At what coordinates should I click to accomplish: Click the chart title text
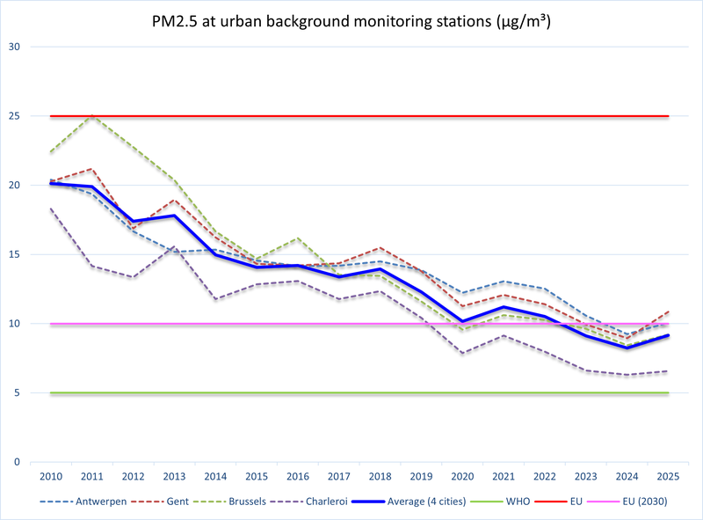click(x=351, y=19)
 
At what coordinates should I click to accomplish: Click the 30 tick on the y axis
click(x=12, y=47)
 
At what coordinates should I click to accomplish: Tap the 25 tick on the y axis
click(x=12, y=116)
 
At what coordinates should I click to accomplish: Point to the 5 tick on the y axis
click(x=15, y=393)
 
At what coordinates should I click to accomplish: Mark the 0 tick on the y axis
click(x=15, y=462)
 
